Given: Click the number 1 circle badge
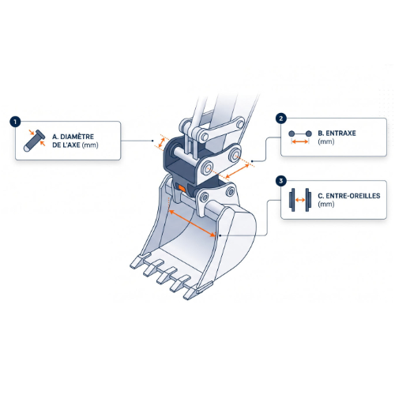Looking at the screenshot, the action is pyautogui.click(x=15, y=122).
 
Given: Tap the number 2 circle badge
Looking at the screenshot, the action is pyautogui.click(x=281, y=118).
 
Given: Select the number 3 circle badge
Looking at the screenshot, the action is pyautogui.click(x=281, y=181).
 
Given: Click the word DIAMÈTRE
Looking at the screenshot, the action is pyautogui.click(x=77, y=137).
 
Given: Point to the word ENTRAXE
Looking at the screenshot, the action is pyautogui.click(x=340, y=134).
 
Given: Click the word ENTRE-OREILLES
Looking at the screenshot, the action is pyautogui.click(x=353, y=196).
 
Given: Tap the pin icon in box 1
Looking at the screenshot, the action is pyautogui.click(x=35, y=141).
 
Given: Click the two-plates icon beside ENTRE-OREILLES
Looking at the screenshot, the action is pyautogui.click(x=300, y=200).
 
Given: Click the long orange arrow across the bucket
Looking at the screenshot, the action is pyautogui.click(x=193, y=224).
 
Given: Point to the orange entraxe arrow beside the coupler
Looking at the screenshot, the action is pyautogui.click(x=238, y=171).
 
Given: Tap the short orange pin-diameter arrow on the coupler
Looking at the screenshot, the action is pyautogui.click(x=161, y=142).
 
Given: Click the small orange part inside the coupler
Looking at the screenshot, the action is pyautogui.click(x=182, y=188).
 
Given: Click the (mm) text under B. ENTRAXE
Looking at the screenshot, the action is pyautogui.click(x=326, y=141).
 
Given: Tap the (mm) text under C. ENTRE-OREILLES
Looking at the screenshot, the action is pyautogui.click(x=326, y=205).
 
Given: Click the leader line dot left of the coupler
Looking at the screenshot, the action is pyautogui.click(x=152, y=141).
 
